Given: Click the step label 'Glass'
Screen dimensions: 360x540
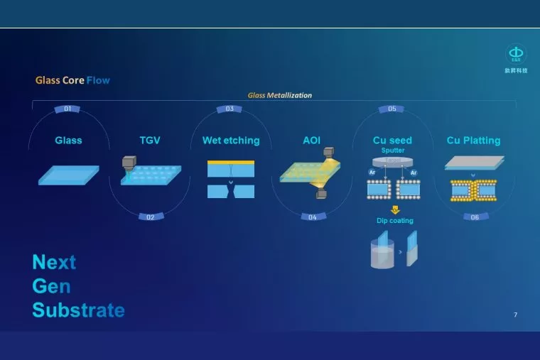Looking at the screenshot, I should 68,141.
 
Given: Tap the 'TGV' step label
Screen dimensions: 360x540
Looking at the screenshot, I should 150,141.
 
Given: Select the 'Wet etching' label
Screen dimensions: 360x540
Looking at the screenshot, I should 231,141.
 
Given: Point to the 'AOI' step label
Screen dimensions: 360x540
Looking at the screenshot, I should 312,141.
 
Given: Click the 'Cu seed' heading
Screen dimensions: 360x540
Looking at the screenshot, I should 392,141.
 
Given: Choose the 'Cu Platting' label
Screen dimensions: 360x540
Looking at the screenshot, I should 473,141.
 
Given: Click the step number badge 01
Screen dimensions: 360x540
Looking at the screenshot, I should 67,109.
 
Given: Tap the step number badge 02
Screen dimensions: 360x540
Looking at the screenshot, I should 150,217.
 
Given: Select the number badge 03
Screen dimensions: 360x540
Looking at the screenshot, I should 229,109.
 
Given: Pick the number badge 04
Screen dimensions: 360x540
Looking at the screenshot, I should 313,217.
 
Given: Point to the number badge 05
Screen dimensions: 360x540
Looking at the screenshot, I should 392,109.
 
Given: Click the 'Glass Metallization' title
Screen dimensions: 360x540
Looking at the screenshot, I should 279,95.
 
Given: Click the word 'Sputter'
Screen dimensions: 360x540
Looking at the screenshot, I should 393,151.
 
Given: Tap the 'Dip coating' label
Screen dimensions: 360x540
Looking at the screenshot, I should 395,221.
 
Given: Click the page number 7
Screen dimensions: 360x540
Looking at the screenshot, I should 515,314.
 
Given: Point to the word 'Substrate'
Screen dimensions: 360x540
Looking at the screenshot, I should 78,310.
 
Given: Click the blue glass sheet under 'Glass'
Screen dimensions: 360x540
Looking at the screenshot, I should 68,175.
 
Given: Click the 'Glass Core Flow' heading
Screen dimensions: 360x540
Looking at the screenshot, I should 72,80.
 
